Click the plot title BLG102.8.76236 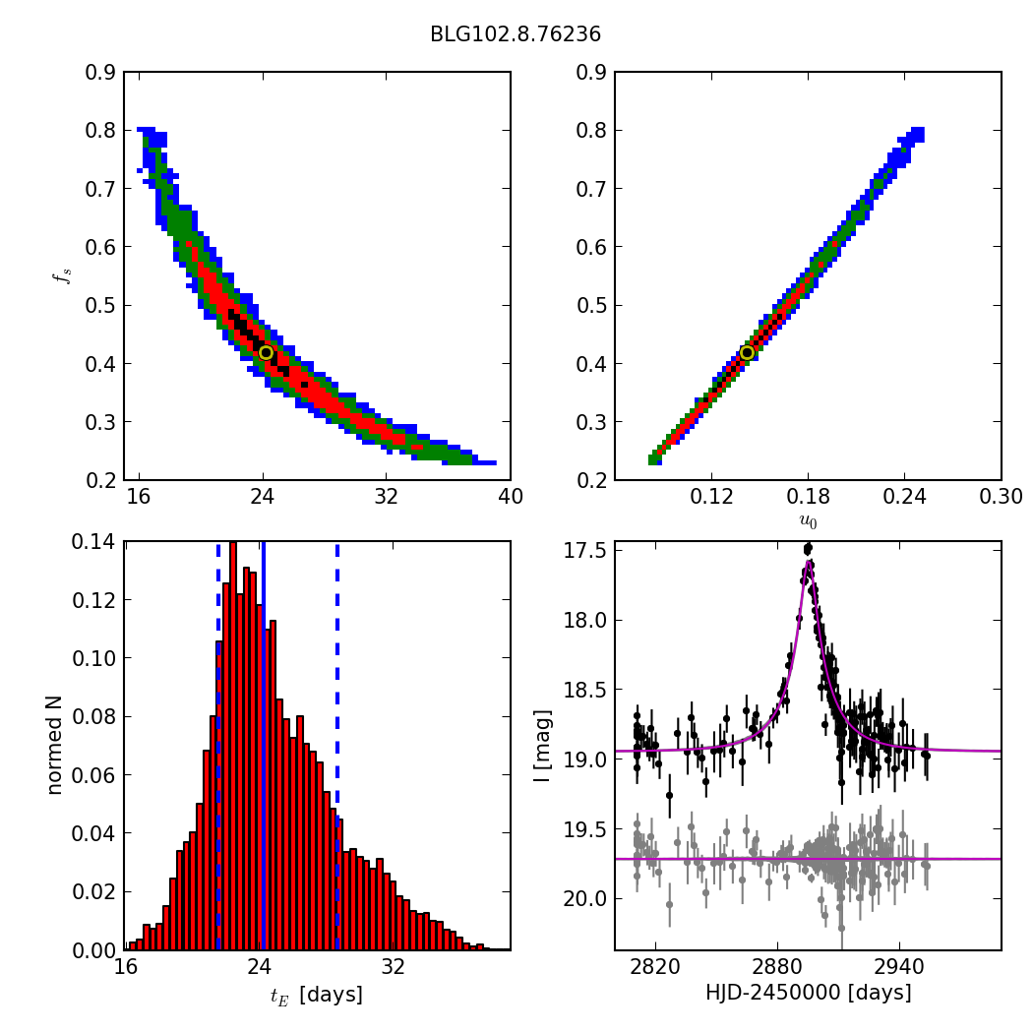pos(515,34)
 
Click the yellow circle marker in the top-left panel pos(266,352)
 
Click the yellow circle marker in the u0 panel pos(747,352)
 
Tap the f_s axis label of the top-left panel pos(61,276)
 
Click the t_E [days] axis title pos(316,995)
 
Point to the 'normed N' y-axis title pos(55,745)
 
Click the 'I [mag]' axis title pos(542,745)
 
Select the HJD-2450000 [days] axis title pos(808,993)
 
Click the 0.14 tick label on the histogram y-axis pos(94,542)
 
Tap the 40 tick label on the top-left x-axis pos(510,496)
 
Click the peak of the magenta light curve pos(808,562)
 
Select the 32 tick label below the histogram pos(394,966)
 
